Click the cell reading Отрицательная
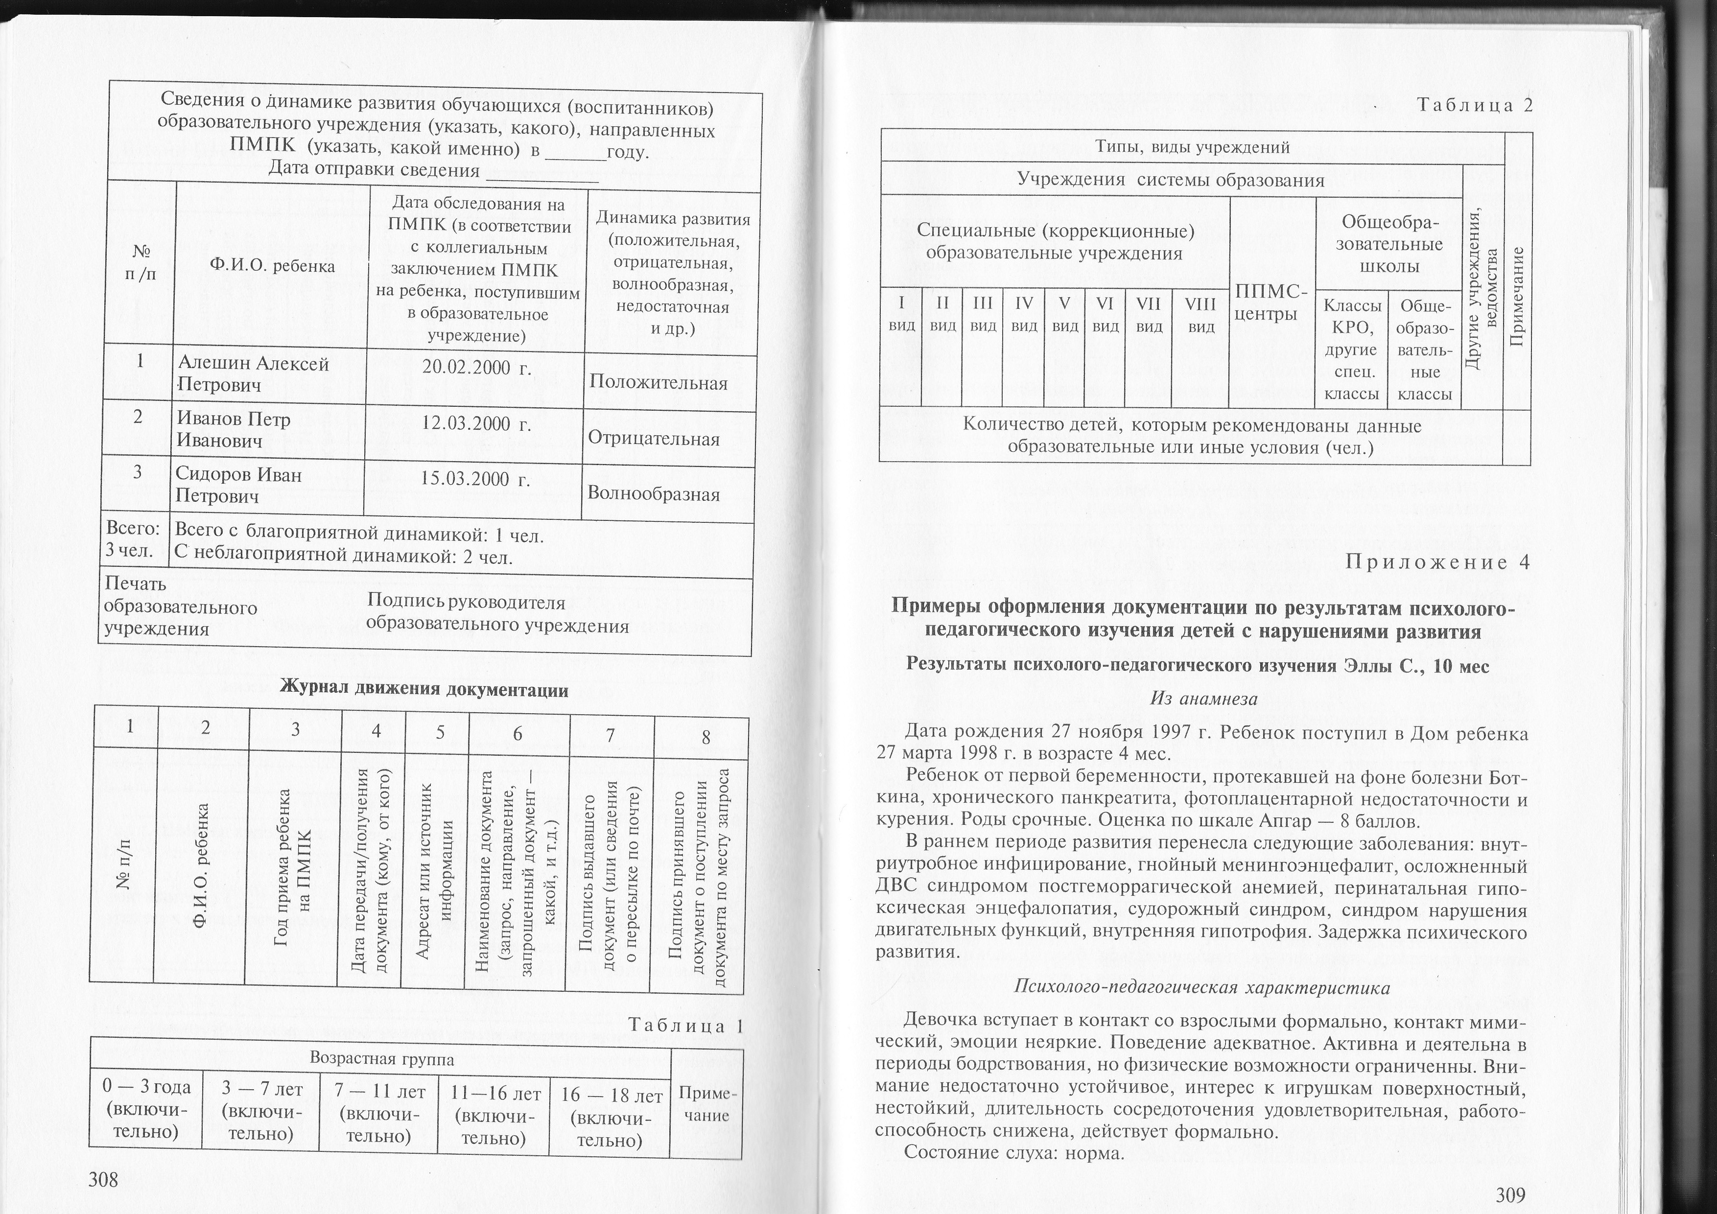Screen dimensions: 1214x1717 (x=654, y=439)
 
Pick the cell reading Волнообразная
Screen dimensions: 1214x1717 (x=654, y=494)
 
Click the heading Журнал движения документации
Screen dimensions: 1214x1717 (x=424, y=689)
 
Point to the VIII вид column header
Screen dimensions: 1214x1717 (x=1201, y=315)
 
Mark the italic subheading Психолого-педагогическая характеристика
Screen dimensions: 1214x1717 (x=1202, y=987)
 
